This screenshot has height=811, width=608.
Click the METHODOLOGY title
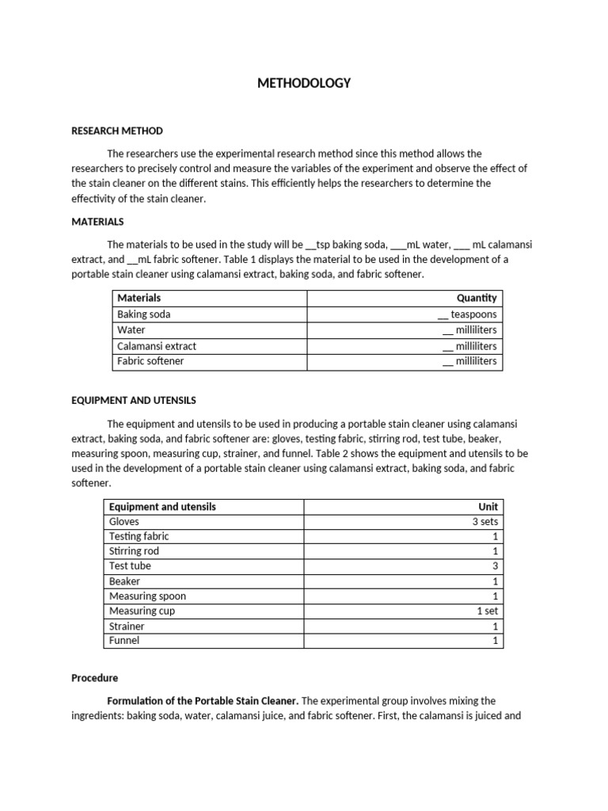click(304, 82)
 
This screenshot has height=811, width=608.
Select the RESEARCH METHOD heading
click(117, 131)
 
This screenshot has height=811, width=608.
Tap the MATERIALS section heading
click(97, 222)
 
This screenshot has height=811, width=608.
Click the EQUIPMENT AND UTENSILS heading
click(134, 400)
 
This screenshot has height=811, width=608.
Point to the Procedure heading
click(94, 678)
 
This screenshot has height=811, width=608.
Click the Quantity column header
click(477, 298)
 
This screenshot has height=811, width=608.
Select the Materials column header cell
click(139, 298)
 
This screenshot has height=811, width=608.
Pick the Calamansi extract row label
click(157, 346)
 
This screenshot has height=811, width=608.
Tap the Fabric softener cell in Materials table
click(150, 361)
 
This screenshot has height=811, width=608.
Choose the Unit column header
click(488, 506)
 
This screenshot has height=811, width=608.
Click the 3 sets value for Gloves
click(484, 521)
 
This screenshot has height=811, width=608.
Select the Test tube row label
click(130, 566)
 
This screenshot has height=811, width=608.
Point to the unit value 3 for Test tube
click(495, 566)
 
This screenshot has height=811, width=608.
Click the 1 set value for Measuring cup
click(487, 611)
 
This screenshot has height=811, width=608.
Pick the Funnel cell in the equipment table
click(124, 640)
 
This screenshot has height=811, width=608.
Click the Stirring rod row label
click(135, 551)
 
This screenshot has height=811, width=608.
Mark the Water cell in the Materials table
click(131, 330)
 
